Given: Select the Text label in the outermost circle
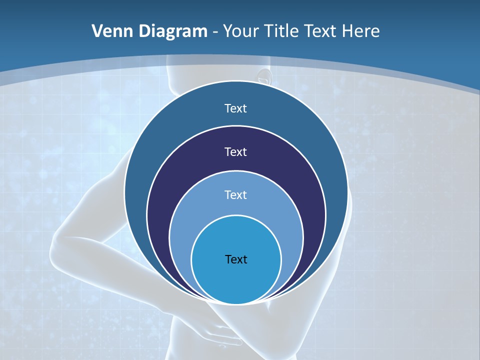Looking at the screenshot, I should (236, 108).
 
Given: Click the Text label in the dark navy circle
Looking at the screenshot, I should (236, 151).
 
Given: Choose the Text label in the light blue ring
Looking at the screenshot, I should (236, 194).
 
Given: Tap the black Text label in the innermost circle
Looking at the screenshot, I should (236, 259).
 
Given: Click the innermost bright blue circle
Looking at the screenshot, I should (236, 280).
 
